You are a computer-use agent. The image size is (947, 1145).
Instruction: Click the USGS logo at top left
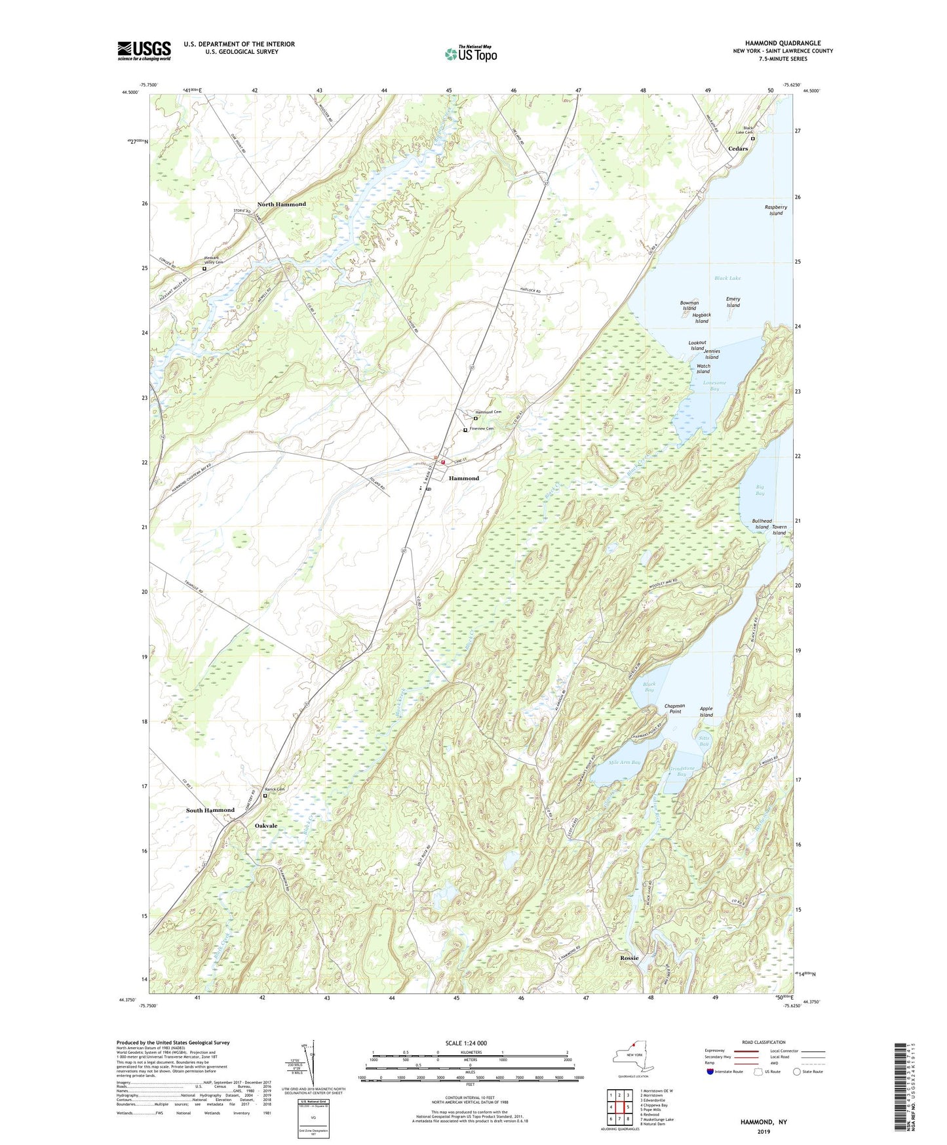click(144, 50)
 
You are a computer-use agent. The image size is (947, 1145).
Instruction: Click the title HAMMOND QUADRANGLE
click(783, 43)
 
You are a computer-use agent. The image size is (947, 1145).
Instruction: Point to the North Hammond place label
click(281, 204)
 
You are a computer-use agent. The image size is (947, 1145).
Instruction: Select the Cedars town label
click(738, 149)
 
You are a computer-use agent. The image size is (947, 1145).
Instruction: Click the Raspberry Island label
click(776, 210)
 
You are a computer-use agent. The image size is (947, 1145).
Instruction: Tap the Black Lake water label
click(727, 278)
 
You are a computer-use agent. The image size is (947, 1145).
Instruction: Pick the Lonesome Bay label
click(714, 386)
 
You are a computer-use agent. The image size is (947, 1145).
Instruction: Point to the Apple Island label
click(706, 712)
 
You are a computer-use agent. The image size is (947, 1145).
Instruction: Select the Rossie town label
click(629, 958)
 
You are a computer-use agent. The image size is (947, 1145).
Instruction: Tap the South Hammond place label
click(210, 810)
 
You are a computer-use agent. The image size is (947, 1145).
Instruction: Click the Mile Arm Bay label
click(624, 763)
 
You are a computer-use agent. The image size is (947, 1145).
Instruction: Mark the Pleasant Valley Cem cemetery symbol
click(204, 268)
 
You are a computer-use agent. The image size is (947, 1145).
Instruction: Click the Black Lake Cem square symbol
click(752, 139)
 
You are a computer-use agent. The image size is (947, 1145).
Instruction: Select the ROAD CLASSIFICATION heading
click(763, 1042)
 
